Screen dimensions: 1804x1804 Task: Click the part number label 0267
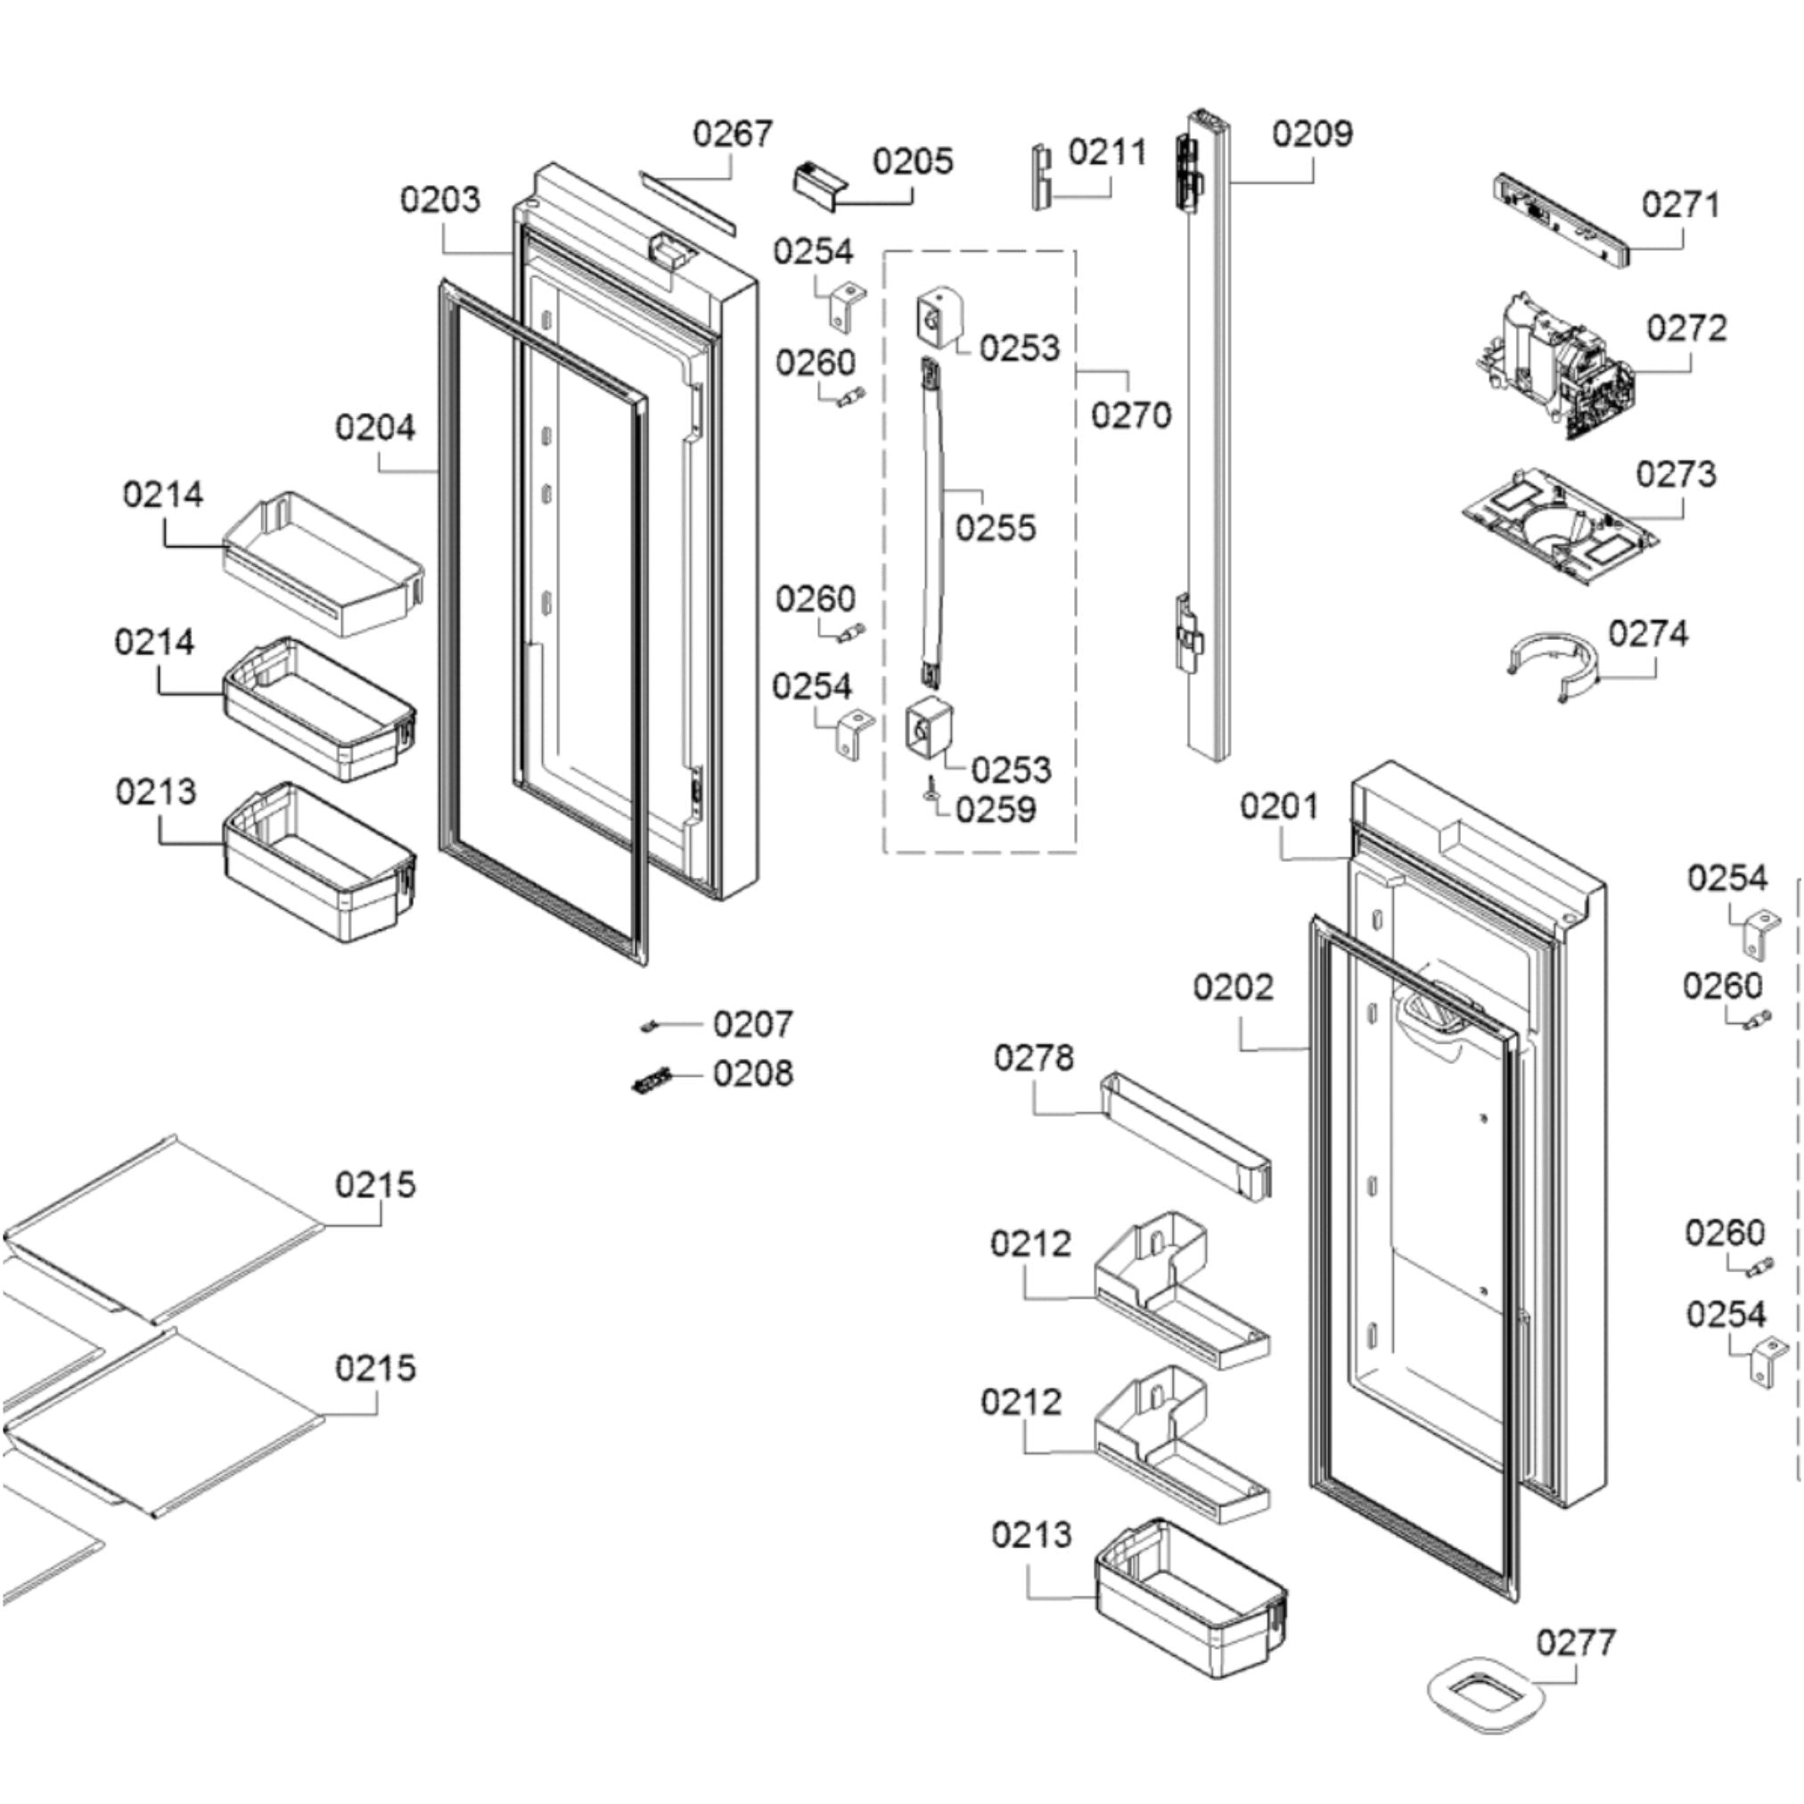coord(732,135)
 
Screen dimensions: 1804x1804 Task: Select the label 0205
coord(913,161)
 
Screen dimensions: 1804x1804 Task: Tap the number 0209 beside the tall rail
coord(1311,135)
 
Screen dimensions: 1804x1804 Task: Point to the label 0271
coord(1680,204)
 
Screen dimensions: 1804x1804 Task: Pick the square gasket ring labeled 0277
coord(1483,1694)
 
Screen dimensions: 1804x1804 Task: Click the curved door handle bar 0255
coord(934,523)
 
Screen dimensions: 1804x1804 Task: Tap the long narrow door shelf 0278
coord(1185,1135)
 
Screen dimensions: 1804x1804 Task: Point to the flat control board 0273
coord(1560,532)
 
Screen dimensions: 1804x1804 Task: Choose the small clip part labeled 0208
coord(652,1081)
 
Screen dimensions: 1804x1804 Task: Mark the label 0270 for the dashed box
coord(1131,414)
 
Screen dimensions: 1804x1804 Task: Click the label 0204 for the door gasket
coord(374,429)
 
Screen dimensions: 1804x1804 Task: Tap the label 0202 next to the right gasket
coord(1233,987)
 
